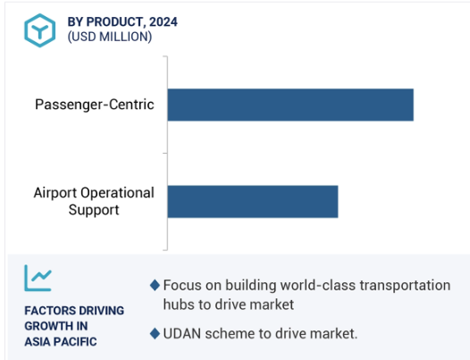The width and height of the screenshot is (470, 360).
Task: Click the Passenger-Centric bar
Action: point(290,105)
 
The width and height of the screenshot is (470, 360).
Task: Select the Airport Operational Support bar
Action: point(253,201)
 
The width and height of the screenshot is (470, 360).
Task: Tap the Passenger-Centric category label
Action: point(95,105)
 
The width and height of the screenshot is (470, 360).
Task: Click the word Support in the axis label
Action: point(94,210)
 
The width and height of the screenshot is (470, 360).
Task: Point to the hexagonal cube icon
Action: point(40,30)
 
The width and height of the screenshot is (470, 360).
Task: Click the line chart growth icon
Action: point(38,278)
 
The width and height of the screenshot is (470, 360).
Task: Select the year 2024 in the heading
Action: point(164,21)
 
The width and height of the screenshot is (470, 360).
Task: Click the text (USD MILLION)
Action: point(110,37)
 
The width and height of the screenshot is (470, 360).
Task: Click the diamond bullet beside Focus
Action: point(155,285)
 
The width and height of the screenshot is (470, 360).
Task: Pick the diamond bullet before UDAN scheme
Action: point(155,333)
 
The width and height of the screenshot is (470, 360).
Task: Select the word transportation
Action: point(405,285)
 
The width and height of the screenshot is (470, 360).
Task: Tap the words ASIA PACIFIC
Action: point(61,341)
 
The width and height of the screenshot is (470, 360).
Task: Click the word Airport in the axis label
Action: point(55,193)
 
